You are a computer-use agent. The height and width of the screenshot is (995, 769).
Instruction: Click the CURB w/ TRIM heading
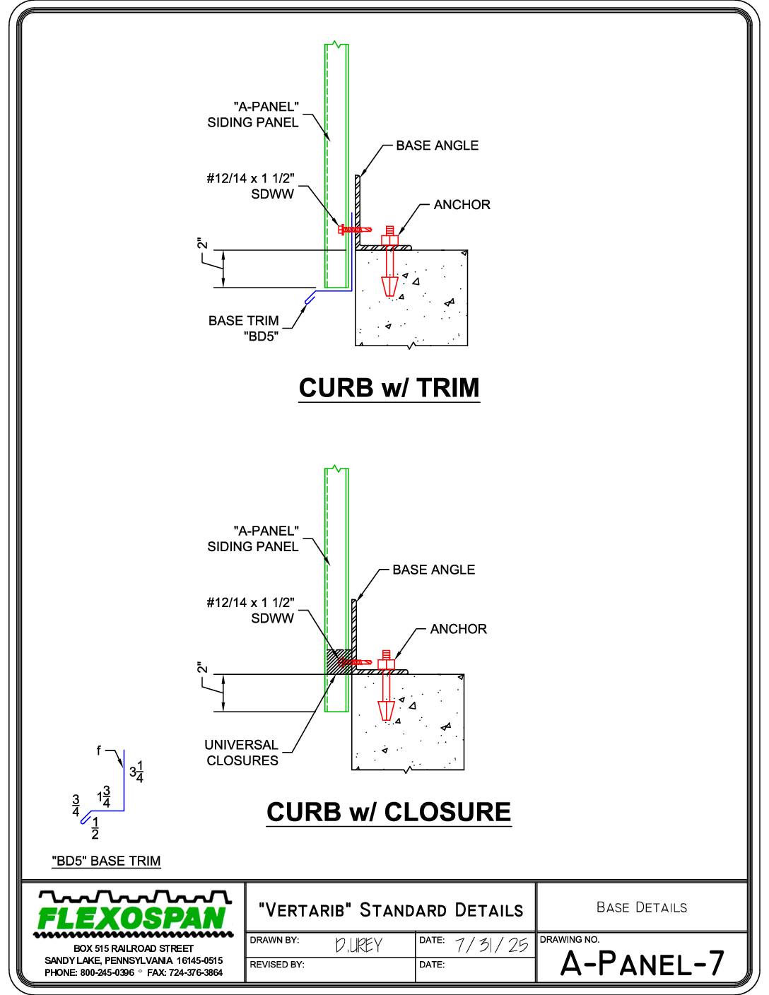click(389, 388)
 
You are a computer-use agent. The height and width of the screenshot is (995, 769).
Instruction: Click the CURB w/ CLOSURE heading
click(389, 812)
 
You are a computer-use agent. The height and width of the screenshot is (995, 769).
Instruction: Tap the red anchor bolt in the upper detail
click(389, 261)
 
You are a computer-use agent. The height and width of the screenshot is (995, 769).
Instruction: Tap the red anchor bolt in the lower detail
click(386, 685)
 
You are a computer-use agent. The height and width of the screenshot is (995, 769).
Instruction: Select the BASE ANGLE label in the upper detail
click(437, 146)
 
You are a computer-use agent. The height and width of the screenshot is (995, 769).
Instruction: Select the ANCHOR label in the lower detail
click(459, 629)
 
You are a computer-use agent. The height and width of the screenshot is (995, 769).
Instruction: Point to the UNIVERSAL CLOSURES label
click(242, 753)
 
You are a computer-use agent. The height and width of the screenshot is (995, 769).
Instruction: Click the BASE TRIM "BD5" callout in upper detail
click(244, 329)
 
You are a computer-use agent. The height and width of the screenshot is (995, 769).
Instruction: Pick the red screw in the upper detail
click(355, 228)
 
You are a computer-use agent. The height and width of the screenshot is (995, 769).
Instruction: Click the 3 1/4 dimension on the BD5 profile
click(136, 772)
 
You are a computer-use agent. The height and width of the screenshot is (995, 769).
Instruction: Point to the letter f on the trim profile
click(98, 750)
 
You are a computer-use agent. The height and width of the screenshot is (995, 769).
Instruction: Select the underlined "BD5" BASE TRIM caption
click(106, 861)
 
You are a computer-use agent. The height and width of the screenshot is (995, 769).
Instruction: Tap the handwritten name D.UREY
click(358, 945)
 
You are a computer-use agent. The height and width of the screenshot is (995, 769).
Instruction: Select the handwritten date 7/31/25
click(491, 945)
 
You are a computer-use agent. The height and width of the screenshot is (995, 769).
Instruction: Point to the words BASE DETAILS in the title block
click(642, 907)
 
